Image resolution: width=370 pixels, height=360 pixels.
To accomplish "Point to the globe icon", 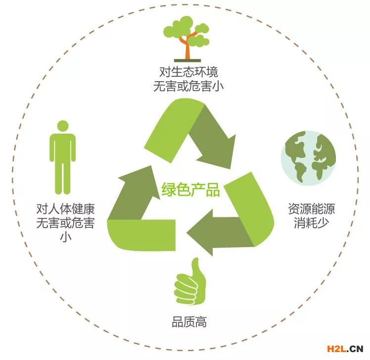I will [x=309, y=157].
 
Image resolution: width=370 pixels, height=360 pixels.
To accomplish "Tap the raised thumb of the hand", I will [x=196, y=268].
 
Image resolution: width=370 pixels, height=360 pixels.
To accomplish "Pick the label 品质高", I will [x=189, y=323].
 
